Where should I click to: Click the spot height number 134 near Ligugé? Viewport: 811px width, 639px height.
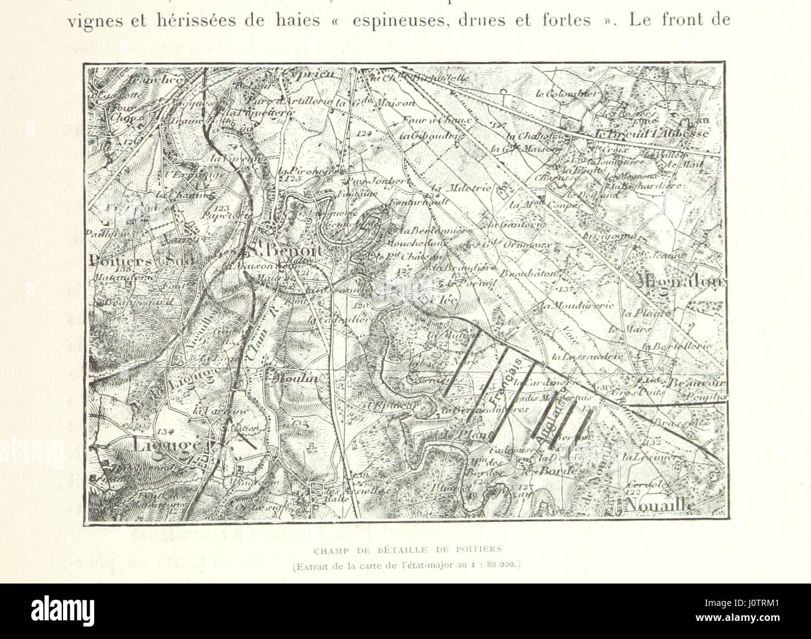(x=165, y=431)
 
